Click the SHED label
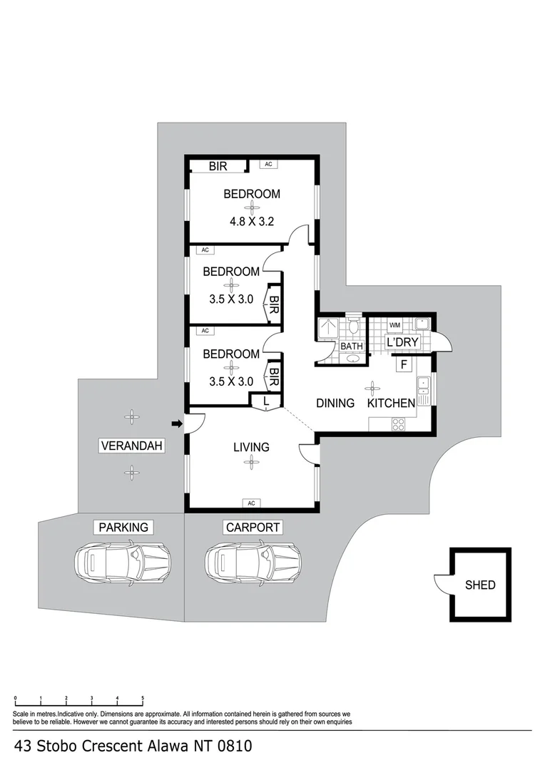point(480,585)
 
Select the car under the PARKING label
point(123,563)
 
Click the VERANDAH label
point(131,446)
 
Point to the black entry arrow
point(177,424)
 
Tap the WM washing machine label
point(394,325)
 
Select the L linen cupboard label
point(266,402)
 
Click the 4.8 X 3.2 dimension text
point(252,221)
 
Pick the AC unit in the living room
point(251,503)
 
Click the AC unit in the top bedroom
point(268,165)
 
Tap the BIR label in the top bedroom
point(218,166)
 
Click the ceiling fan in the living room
point(250,462)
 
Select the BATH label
point(352,346)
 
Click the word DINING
point(335,403)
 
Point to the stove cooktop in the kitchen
point(398,423)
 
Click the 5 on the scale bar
point(143,698)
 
